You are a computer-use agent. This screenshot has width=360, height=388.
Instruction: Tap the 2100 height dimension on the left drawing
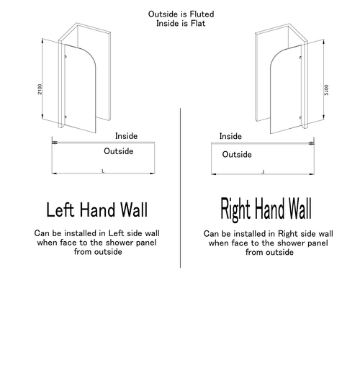[40, 89]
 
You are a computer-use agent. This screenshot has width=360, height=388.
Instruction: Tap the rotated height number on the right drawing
[326, 89]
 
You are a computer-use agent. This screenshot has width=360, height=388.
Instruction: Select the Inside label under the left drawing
[126, 136]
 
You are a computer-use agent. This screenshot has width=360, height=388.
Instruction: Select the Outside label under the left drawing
[119, 152]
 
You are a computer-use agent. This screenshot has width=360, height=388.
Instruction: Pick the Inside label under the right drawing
[230, 136]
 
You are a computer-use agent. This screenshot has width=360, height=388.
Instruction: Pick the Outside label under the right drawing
[237, 154]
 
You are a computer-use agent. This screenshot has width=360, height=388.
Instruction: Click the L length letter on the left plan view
[103, 171]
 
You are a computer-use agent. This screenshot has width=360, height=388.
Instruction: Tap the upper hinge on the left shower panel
[66, 58]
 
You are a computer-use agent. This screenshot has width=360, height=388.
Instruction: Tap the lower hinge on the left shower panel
[66, 117]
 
